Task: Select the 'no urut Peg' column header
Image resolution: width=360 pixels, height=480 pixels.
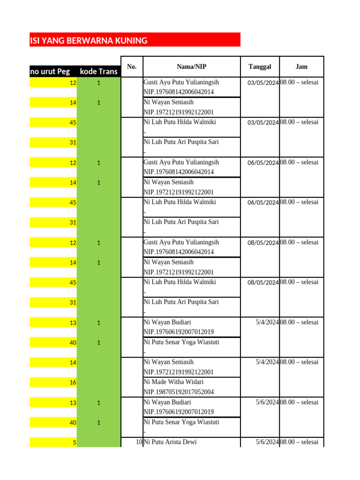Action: click(x=50, y=72)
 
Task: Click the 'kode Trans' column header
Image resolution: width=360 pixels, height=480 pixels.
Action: click(x=98, y=72)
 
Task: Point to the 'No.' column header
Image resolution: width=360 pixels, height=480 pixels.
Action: click(x=132, y=67)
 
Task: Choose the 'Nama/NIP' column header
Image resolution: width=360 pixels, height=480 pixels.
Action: click(x=192, y=67)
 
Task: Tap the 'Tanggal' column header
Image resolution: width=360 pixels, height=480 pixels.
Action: click(x=260, y=67)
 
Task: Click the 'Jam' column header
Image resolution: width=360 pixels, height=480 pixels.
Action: click(x=301, y=67)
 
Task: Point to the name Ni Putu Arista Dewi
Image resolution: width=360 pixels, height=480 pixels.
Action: click(x=170, y=442)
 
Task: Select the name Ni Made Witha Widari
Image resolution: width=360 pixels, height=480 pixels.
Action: click(x=173, y=382)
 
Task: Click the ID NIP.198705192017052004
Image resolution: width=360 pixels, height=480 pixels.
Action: click(x=179, y=392)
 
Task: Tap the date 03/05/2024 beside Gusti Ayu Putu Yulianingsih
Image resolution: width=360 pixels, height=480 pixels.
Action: click(x=263, y=83)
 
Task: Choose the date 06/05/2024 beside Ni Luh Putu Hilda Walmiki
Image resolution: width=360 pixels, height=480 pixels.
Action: click(x=263, y=203)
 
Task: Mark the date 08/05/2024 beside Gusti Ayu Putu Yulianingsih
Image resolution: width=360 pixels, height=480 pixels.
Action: click(x=263, y=243)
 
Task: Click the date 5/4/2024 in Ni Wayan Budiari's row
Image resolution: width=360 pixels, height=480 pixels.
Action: click(x=267, y=322)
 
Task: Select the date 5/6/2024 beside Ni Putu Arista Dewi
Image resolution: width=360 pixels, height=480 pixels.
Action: click(x=267, y=442)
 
